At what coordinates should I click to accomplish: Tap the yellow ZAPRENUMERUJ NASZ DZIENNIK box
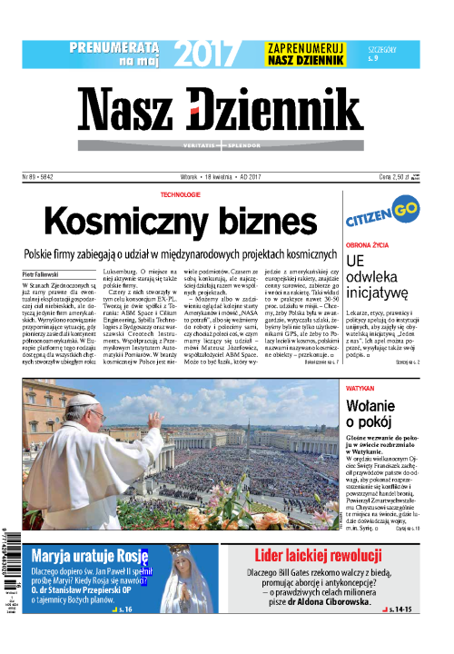coord(307,54)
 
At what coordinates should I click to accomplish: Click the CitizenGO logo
coord(380,221)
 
